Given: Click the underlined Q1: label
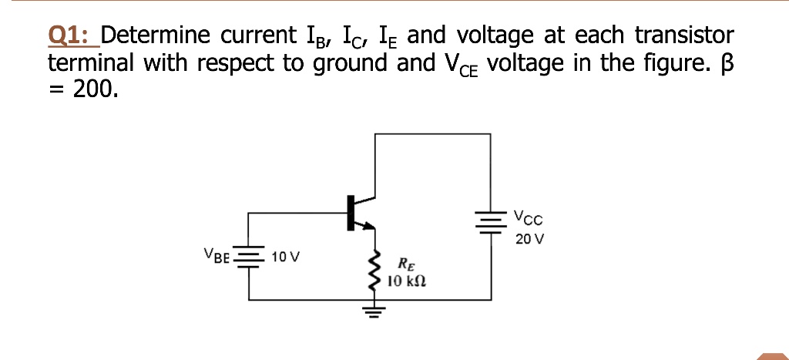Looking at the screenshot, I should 70,35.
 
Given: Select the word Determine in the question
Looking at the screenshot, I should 157,35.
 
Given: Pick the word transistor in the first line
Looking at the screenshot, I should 685,35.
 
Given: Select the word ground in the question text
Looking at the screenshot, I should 349,63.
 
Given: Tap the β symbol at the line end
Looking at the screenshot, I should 726,63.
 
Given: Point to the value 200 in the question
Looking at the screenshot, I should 96,89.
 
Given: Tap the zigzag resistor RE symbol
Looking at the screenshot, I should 375,270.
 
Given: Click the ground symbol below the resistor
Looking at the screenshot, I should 375,312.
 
